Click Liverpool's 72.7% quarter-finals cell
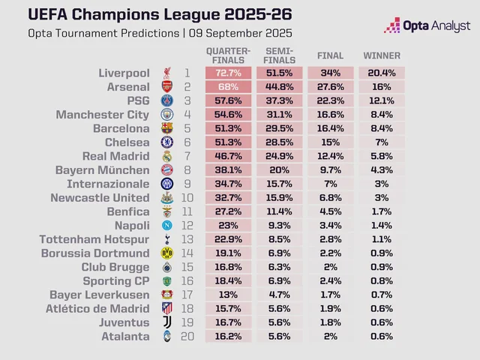tap(229, 73)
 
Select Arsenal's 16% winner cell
tap(382, 87)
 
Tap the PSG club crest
tap(166, 101)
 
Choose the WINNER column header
tap(382, 55)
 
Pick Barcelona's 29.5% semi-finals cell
tap(280, 128)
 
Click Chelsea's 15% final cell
tap(331, 142)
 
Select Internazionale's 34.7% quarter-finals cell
tap(229, 184)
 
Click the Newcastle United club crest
tap(166, 198)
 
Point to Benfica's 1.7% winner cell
tap(382, 211)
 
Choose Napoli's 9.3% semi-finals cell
tap(280, 226)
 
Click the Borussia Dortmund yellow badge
tap(166, 253)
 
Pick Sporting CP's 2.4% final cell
tap(331, 281)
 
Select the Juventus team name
tap(120, 322)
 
